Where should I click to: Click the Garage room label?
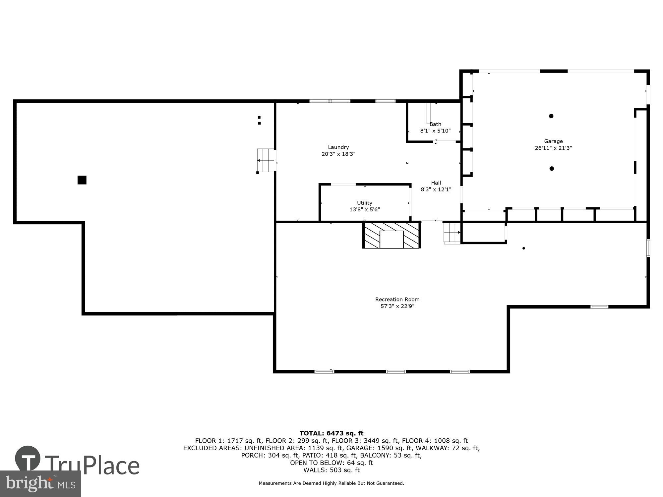tap(553, 141)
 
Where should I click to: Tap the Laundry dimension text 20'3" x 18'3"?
tap(338, 154)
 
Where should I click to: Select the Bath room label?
tap(435, 124)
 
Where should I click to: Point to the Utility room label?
tap(364, 203)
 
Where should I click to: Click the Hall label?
tap(436, 183)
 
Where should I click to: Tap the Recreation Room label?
tap(397, 299)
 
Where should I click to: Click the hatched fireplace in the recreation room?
tap(392, 235)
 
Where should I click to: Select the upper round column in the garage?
tap(551, 116)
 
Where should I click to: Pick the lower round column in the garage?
tap(552, 169)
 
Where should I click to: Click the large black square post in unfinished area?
tap(82, 180)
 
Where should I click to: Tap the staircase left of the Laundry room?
tap(266, 160)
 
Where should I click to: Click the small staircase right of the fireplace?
tap(452, 233)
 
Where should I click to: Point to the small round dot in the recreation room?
tap(523, 248)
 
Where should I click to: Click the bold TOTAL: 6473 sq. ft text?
tap(331, 433)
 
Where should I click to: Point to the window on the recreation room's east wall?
tap(648, 248)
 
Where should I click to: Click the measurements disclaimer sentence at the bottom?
tap(331, 483)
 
